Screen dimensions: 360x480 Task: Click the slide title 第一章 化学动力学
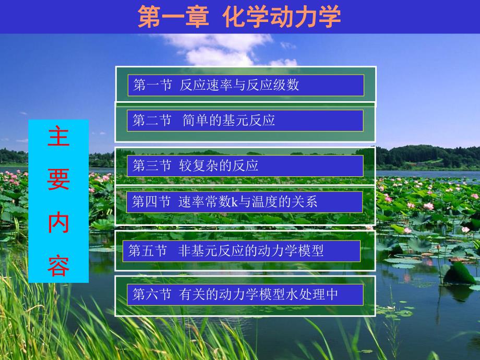[x=239, y=17]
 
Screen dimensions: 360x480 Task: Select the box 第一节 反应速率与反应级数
[x=245, y=85]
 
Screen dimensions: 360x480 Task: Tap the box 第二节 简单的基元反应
[x=245, y=121]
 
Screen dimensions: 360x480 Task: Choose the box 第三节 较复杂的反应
[x=245, y=166]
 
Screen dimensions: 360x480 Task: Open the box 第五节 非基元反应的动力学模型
[x=241, y=251]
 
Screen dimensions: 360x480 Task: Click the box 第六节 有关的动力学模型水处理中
[x=245, y=295]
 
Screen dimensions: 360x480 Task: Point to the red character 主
[x=58, y=139]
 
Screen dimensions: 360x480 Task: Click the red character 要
[x=58, y=182]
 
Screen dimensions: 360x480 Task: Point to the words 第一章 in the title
[x=173, y=17]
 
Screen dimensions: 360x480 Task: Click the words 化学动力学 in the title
[x=281, y=17]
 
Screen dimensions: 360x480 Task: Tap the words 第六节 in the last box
[x=151, y=295]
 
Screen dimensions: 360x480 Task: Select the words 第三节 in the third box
[x=151, y=166]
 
